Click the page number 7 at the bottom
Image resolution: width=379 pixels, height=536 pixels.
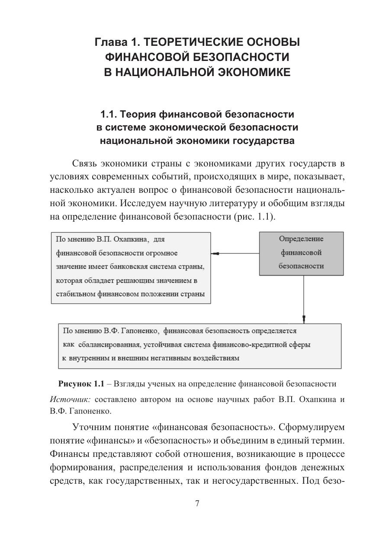[197, 503]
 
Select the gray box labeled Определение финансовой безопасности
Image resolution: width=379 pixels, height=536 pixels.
[301, 253]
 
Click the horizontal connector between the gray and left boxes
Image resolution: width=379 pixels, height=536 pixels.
[235, 254]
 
